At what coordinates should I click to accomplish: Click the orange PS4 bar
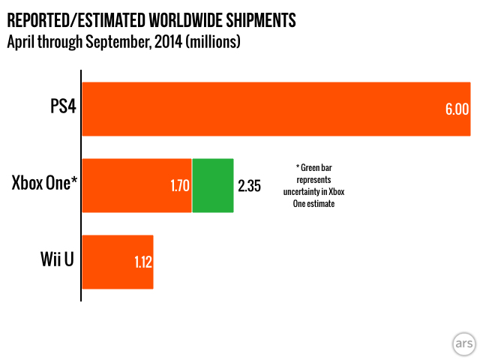click(262, 109)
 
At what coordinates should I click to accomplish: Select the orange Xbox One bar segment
click(127, 185)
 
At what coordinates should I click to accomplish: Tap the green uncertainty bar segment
click(213, 185)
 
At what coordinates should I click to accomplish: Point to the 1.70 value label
click(179, 186)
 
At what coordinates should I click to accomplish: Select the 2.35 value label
click(249, 186)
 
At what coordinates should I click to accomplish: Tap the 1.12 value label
click(142, 262)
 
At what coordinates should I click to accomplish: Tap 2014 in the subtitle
click(163, 42)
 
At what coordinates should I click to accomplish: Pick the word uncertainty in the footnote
click(313, 192)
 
